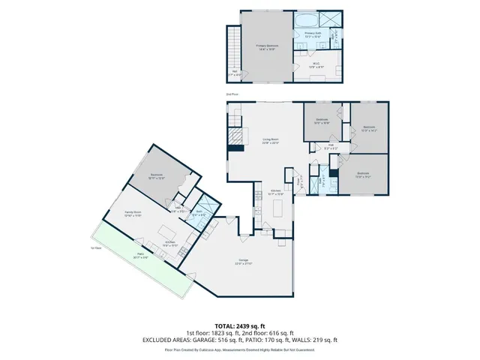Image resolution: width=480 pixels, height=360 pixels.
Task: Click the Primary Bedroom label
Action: click(267, 47)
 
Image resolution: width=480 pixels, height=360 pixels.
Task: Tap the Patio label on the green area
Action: click(140, 255)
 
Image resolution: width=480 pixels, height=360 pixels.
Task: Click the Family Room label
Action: click(133, 214)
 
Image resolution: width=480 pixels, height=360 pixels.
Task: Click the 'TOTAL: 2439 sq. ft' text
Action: click(239, 325)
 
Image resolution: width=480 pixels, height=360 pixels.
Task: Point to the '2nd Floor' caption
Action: click(232, 94)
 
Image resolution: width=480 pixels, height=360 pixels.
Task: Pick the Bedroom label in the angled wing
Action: click(157, 177)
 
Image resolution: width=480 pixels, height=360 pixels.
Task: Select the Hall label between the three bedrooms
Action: click(331, 148)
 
